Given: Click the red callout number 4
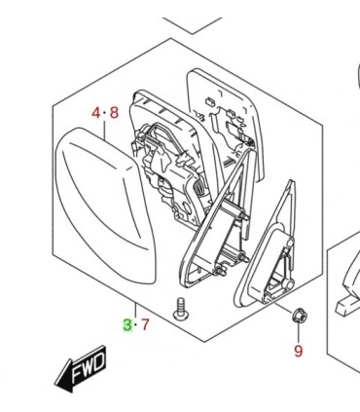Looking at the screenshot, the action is click(96, 113).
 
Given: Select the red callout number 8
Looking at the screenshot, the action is click(114, 113).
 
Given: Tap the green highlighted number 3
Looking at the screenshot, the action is click(127, 325).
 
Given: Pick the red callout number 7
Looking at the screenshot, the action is click(145, 325).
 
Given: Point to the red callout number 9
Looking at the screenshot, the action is click(298, 351).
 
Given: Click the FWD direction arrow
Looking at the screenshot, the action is click(81, 369).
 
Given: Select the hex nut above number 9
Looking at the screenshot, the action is click(299, 316).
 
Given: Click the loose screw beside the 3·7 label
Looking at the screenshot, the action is click(180, 309).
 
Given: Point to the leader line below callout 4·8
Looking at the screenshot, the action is click(105, 130).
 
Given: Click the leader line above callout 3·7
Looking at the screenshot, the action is click(136, 311).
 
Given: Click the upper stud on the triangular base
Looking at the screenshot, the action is click(242, 215).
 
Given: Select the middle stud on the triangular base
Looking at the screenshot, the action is click(242, 258).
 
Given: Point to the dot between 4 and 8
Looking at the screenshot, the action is click(105, 113).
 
